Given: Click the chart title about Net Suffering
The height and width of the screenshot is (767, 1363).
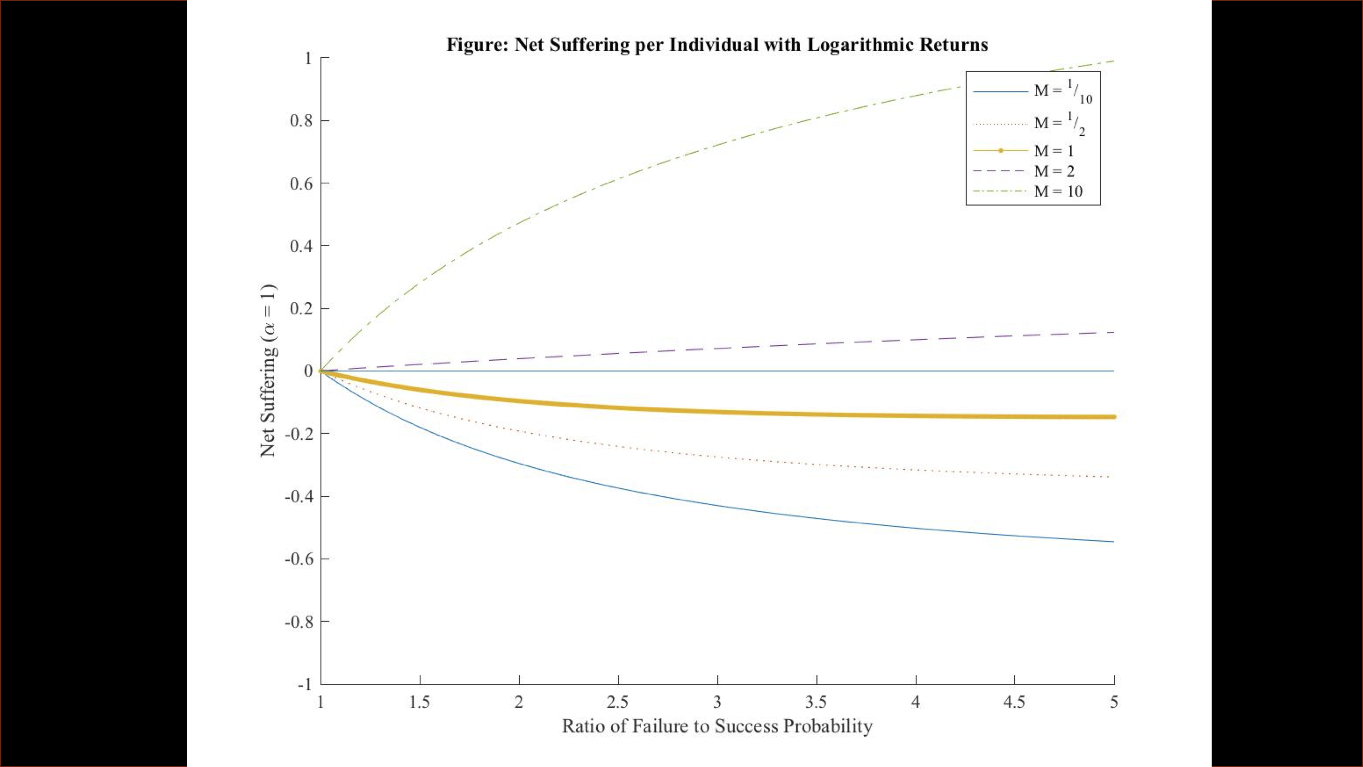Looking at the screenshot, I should coord(717,44).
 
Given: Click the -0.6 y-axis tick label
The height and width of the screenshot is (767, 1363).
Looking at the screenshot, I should coord(298,559).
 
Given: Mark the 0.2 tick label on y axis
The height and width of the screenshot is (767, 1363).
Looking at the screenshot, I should coord(301,309).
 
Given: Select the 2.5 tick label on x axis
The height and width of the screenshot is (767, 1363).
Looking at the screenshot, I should coord(617,703).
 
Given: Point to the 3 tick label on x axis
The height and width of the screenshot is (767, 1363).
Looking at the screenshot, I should coord(717,703).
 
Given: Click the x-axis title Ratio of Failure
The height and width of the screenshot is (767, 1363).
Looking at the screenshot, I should coord(717,726).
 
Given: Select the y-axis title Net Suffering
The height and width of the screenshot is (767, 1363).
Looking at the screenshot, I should coord(268,371).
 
